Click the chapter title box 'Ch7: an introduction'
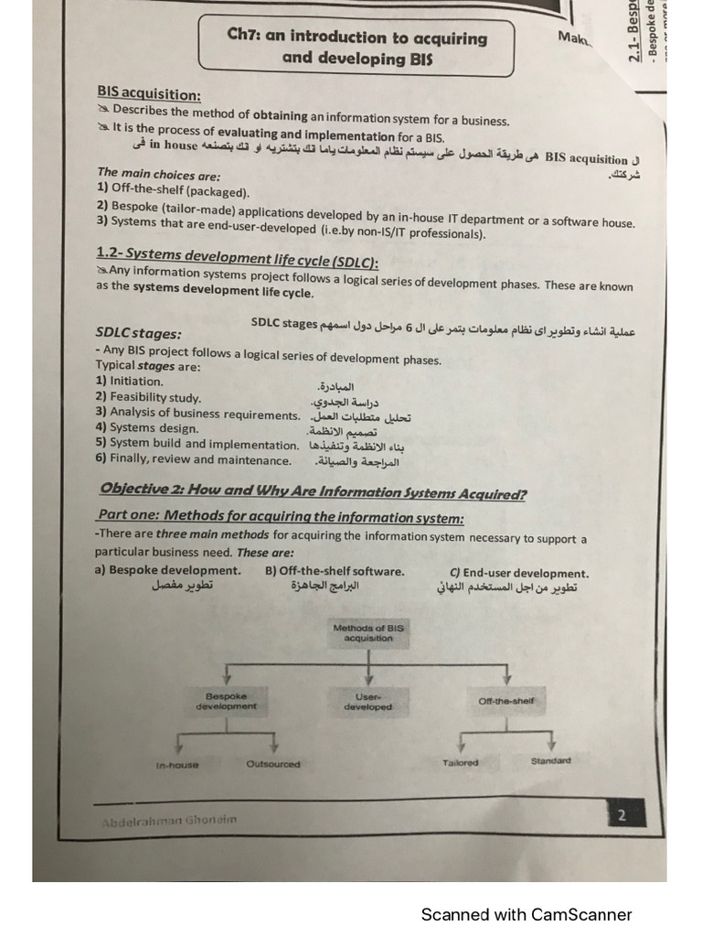(x=357, y=48)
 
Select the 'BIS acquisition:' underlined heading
(x=150, y=94)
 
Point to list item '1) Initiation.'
(x=130, y=381)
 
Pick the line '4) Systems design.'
(x=146, y=427)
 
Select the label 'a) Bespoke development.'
(x=167, y=571)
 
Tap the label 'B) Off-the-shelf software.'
(x=335, y=571)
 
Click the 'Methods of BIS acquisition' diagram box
(x=368, y=633)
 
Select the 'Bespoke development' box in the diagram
(x=226, y=701)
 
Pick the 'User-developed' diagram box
(x=367, y=701)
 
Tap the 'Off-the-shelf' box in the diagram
(x=505, y=701)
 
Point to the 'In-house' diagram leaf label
(x=176, y=764)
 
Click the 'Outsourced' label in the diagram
(x=273, y=764)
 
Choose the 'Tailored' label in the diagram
(x=460, y=762)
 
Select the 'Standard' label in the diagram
(x=550, y=760)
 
